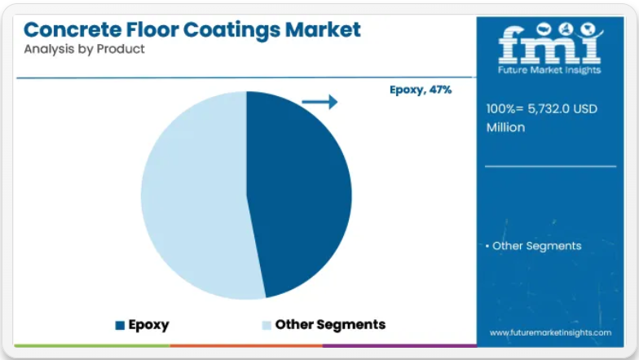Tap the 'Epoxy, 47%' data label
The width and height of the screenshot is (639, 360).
(x=421, y=90)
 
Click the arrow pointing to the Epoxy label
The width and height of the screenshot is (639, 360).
(x=319, y=102)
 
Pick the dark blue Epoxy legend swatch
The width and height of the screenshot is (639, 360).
(x=120, y=325)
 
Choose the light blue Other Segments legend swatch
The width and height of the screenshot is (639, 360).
(x=267, y=325)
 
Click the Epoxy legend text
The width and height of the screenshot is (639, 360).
(x=148, y=325)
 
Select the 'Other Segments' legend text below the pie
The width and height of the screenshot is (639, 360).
(x=330, y=324)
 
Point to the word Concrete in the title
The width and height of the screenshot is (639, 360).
(x=73, y=29)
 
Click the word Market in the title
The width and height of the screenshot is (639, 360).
(x=323, y=29)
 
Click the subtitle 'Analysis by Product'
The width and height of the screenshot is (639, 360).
(x=85, y=49)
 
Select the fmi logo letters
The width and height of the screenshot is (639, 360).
(x=549, y=45)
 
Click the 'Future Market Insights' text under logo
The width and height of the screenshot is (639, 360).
(x=549, y=70)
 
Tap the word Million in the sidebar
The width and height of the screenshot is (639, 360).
(x=505, y=127)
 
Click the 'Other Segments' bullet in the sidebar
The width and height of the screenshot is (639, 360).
(x=534, y=246)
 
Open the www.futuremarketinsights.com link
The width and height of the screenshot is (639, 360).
(x=551, y=332)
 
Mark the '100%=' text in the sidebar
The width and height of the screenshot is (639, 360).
(x=505, y=109)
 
